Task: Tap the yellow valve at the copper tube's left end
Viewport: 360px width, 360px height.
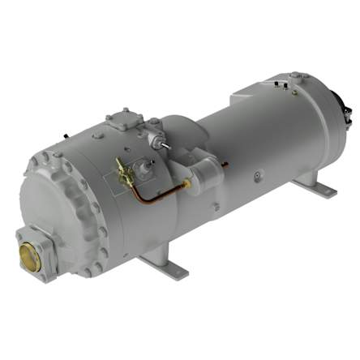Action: click(x=123, y=172)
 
